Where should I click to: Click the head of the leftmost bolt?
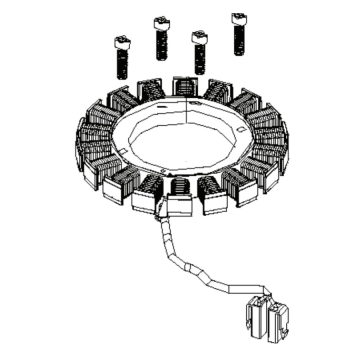122,42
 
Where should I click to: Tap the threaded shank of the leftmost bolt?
122,64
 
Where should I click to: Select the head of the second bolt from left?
161,23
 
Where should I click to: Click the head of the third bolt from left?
199,37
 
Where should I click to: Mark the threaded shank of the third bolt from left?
200,59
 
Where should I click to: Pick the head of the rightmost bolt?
239,18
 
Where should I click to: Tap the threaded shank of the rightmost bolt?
239,40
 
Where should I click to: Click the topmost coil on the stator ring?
185,86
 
